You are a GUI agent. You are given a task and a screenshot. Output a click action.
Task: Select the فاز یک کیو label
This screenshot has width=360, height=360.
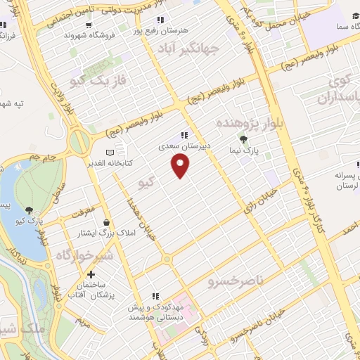click(103, 80)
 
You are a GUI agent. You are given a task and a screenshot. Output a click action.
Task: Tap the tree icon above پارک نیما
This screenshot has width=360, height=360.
click(244, 139)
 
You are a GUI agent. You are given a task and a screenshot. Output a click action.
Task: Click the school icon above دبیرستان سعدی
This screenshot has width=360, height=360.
click(184, 135)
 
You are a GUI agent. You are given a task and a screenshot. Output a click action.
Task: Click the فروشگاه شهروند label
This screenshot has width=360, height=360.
click(89, 34)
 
